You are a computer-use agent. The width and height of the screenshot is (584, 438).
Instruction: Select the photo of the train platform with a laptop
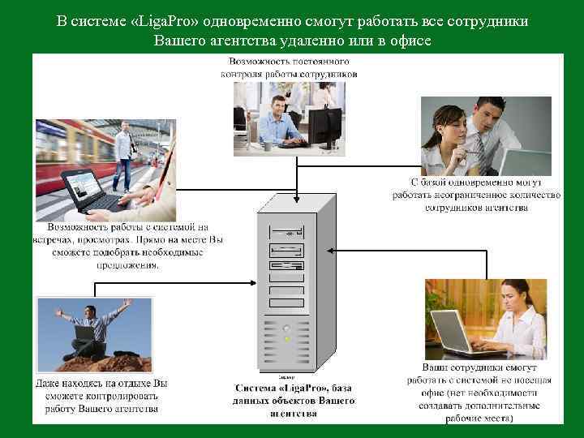105,170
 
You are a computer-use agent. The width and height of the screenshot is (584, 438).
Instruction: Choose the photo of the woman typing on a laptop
486,319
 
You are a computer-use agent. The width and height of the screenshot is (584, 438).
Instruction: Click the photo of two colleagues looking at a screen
485,135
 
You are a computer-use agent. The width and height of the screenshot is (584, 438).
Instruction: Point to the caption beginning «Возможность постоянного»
290,67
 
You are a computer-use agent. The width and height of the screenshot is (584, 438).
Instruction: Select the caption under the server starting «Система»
294,401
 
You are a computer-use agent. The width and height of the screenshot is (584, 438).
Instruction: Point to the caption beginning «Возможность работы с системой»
128,246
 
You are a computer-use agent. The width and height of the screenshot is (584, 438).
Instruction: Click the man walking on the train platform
124,154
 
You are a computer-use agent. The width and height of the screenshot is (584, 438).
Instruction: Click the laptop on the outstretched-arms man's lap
84,332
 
